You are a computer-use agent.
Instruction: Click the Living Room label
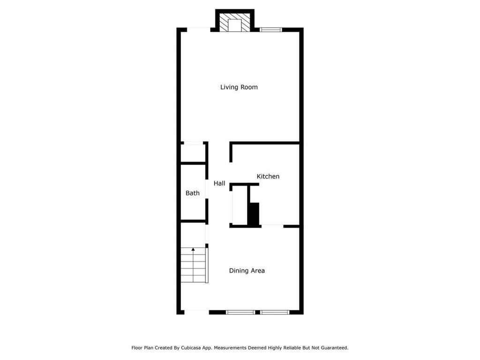239,87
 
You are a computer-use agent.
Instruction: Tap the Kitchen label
268,176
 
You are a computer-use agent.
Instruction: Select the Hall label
219,183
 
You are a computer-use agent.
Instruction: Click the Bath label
192,193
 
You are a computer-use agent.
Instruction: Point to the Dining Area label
247,270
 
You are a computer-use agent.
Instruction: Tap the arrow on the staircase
193,250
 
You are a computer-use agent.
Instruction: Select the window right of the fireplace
271,30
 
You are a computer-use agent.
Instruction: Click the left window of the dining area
240,312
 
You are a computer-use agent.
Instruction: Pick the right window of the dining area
275,312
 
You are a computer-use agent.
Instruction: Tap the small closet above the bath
193,153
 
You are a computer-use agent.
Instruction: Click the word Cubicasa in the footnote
194,348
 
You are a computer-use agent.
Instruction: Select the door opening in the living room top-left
199,30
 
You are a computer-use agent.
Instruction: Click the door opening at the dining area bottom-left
196,312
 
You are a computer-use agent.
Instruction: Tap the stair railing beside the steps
207,265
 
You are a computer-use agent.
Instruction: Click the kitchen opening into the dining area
272,226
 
